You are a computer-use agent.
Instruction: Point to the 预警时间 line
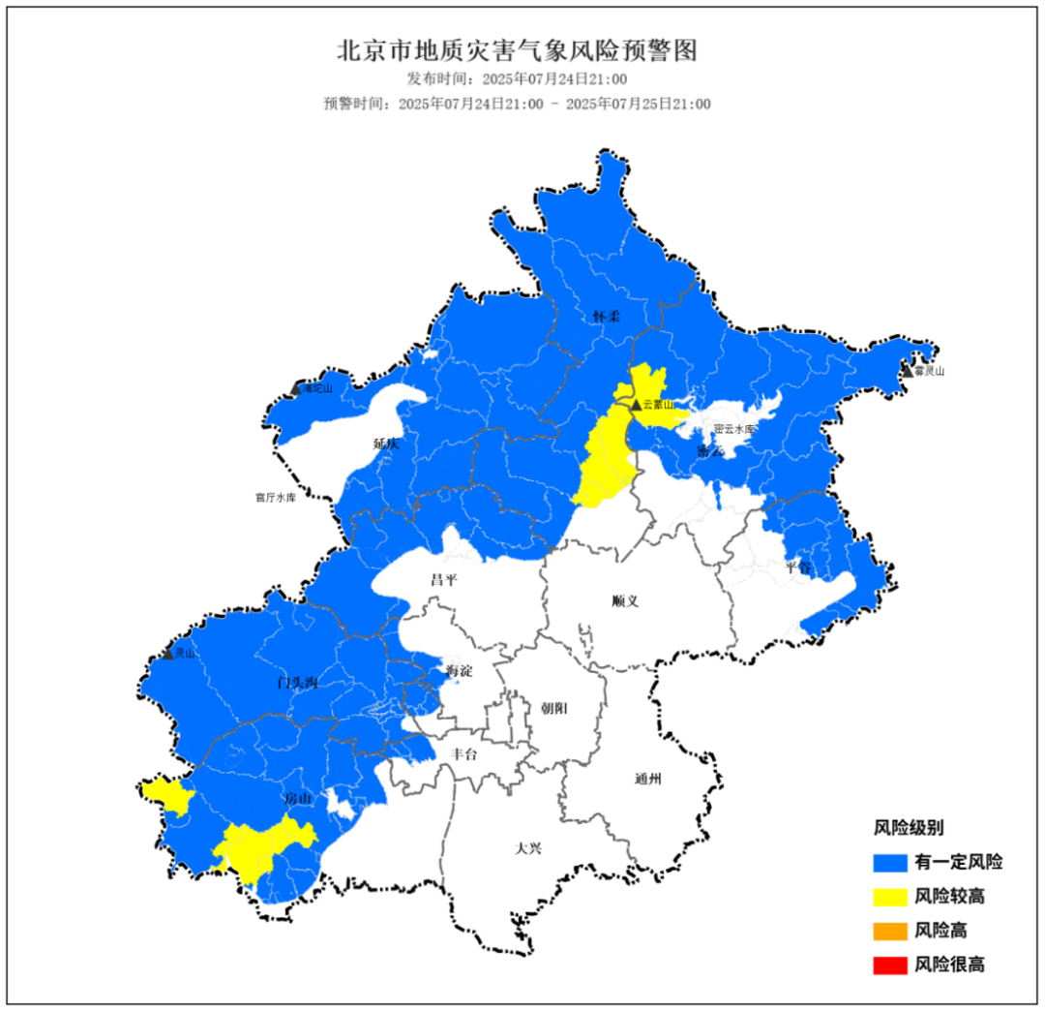point(517,104)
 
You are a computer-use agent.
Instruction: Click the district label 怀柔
point(607,318)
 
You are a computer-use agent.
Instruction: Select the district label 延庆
point(386,444)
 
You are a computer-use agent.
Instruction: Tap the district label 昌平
point(444,580)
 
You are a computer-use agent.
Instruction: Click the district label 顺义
point(626,600)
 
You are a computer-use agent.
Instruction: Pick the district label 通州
point(648,779)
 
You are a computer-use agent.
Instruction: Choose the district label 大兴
point(528,848)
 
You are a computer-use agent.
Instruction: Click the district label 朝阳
point(554,708)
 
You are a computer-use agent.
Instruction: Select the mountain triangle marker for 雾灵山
point(907,371)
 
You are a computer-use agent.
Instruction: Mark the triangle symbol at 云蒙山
point(635,405)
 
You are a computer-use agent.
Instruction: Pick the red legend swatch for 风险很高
point(889,965)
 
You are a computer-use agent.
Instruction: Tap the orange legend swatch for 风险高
point(889,931)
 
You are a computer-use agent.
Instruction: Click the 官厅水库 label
point(276,498)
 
